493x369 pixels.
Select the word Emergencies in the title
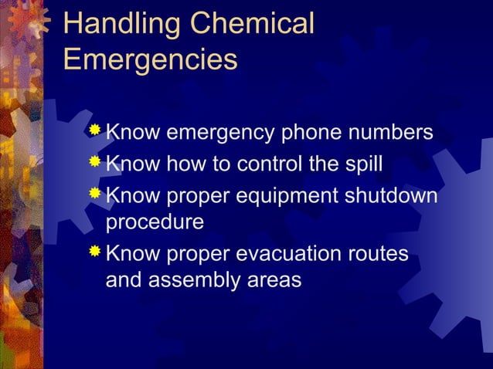(x=150, y=59)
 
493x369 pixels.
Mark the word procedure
(x=155, y=224)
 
